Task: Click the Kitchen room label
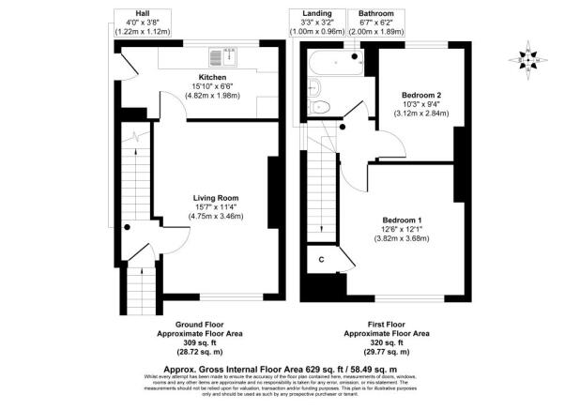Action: point(212,77)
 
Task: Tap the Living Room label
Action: point(216,198)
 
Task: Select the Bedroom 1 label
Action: point(403,220)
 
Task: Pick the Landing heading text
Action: point(317,13)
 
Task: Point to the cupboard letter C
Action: point(321,258)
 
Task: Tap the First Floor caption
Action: point(387,324)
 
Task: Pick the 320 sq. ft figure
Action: point(387,342)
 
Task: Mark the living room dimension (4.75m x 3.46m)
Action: point(216,217)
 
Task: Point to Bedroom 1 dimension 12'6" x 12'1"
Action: point(403,229)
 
